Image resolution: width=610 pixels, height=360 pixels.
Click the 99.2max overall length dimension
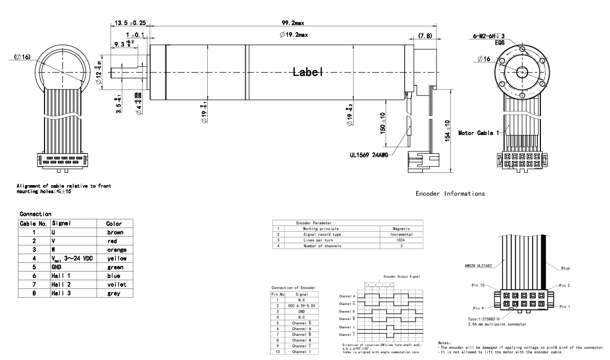click(x=293, y=22)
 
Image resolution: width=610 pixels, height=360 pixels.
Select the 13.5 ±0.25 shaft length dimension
click(x=128, y=22)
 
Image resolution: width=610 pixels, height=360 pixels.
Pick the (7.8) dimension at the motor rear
click(x=424, y=36)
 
